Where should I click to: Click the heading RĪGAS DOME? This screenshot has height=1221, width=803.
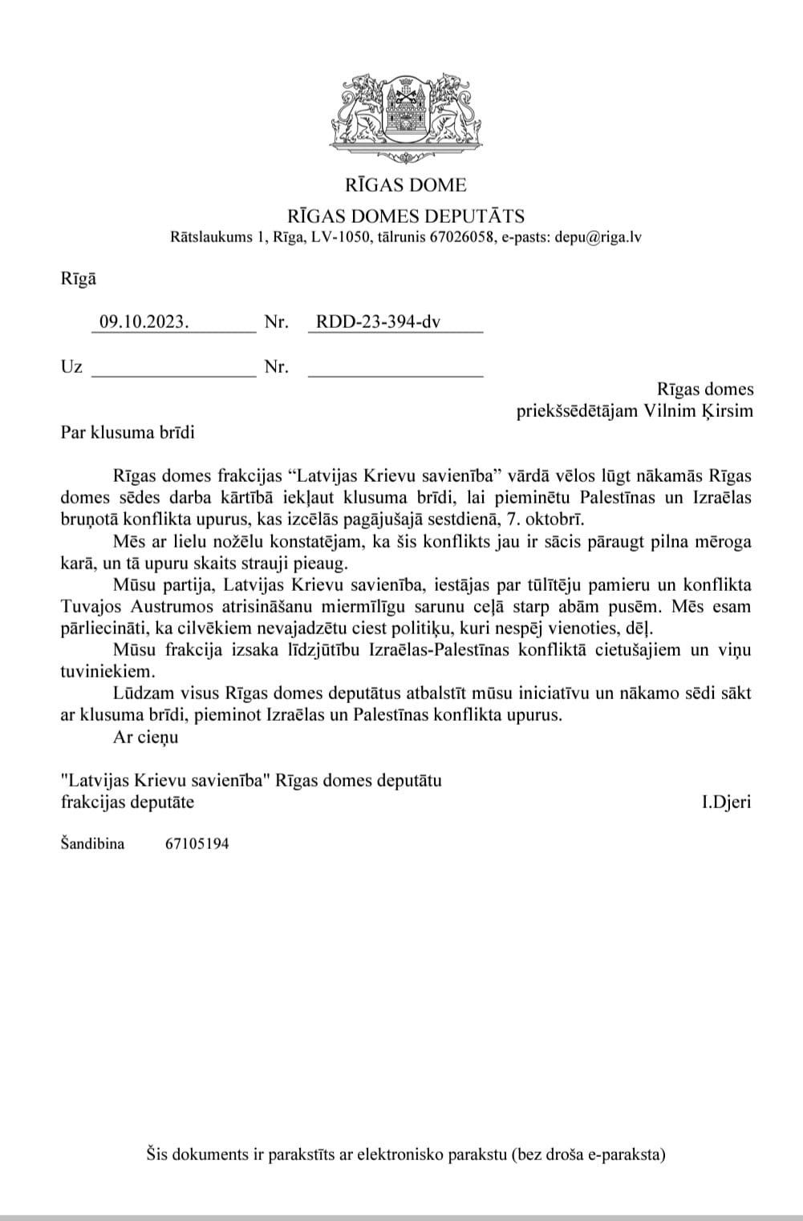tap(405, 185)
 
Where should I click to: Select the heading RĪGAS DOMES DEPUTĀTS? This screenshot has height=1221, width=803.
tap(406, 215)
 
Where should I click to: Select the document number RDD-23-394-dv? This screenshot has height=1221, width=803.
tap(379, 322)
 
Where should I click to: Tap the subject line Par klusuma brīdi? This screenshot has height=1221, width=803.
tap(128, 432)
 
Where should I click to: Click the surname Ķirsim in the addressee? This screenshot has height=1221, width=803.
tap(727, 410)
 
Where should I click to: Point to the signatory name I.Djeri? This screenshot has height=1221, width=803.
tap(726, 801)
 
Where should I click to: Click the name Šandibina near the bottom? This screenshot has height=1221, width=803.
tap(92, 843)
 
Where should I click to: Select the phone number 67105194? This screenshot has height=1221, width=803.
tap(197, 843)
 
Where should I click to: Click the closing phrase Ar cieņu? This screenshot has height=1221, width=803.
tap(146, 737)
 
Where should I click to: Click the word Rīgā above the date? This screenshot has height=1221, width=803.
tap(78, 279)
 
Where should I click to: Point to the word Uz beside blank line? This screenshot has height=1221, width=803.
tap(71, 367)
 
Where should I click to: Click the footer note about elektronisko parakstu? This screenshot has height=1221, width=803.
tap(406, 1154)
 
